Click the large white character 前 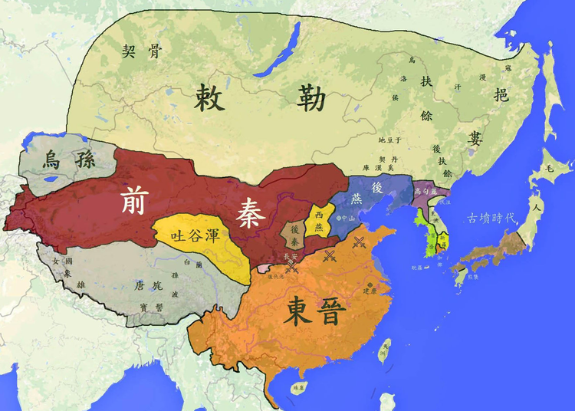pyautogui.click(x=135, y=202)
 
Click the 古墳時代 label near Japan pyautogui.click(x=492, y=218)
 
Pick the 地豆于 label pyautogui.click(x=389, y=140)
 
